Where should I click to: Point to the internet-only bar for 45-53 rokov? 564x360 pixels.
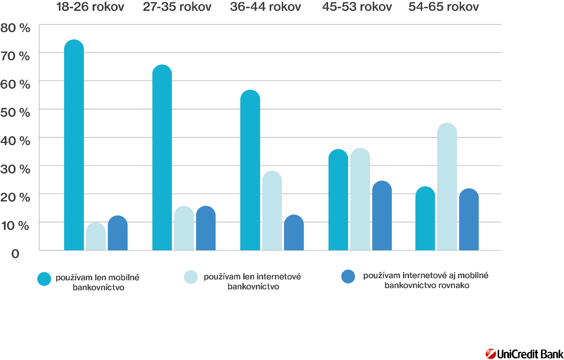(360, 199)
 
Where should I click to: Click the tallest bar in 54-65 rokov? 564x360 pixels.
(447, 187)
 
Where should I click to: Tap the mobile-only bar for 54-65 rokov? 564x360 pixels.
(425, 218)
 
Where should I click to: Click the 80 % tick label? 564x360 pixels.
(16, 28)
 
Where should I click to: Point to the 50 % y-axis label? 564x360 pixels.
(16, 112)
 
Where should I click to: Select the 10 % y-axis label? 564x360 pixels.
(16, 225)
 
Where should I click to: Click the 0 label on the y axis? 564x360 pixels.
(16, 254)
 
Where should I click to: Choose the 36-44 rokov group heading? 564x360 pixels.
(265, 7)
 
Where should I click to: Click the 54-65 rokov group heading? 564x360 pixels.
(444, 7)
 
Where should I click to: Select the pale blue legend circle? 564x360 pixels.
(191, 277)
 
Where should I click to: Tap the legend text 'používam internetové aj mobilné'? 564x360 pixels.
(425, 276)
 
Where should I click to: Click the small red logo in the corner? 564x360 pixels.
(490, 354)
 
